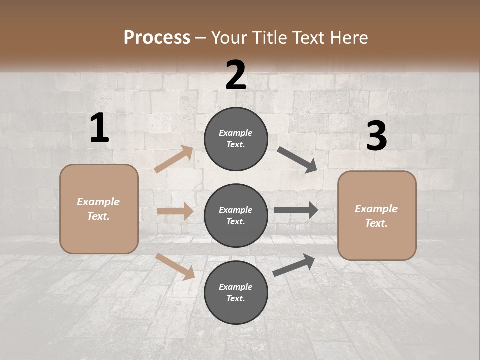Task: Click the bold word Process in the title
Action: (157, 38)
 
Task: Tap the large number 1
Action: (99, 128)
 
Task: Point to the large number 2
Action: (236, 75)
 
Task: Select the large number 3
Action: (376, 136)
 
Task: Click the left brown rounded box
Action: (99, 209)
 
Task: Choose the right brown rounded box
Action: (377, 215)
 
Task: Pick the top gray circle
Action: (236, 139)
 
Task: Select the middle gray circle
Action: (236, 215)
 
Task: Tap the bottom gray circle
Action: (236, 292)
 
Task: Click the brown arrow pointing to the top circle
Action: (174, 159)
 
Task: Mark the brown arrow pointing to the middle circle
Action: (175, 211)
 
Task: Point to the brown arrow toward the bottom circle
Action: (175, 266)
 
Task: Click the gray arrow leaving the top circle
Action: (297, 160)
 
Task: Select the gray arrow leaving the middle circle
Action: (296, 210)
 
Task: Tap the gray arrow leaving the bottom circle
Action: (294, 265)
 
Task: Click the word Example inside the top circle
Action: (235, 133)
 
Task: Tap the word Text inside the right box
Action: (376, 223)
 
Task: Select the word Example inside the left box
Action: (98, 202)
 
